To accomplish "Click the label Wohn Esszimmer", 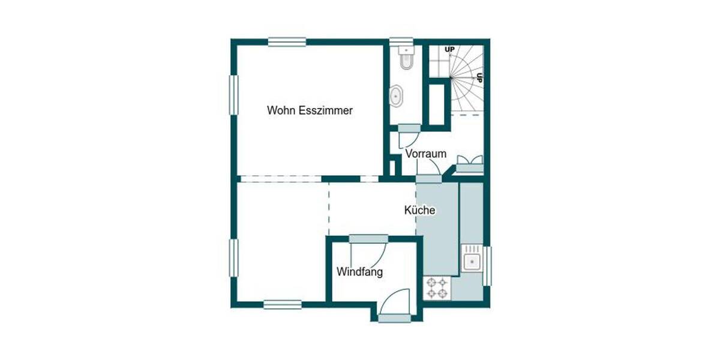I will tap(310, 110).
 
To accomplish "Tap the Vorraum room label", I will tap(425, 154).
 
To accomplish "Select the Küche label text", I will tap(419, 211).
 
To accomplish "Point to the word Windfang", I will tap(359, 272).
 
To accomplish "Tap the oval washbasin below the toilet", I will tap(397, 96).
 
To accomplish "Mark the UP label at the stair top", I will tap(448, 49).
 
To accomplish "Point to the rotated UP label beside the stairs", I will tap(479, 77).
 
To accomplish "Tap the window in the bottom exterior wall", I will tap(282, 304).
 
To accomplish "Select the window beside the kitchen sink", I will tap(487, 265).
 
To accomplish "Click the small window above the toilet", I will tap(398, 42).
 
